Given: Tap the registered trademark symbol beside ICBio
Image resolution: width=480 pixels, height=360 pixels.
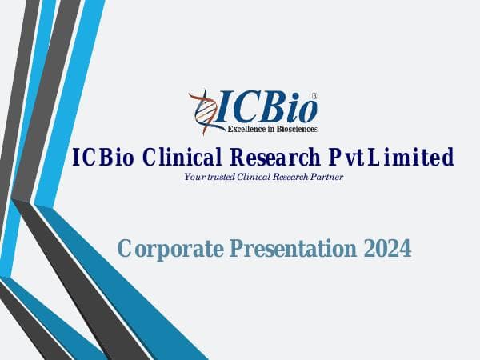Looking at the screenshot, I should (x=314, y=94).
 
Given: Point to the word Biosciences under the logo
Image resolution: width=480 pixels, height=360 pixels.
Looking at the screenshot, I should (x=296, y=128).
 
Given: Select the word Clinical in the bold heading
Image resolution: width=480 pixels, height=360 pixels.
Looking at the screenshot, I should (x=182, y=158).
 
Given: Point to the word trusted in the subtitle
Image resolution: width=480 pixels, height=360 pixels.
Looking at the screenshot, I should (x=219, y=177).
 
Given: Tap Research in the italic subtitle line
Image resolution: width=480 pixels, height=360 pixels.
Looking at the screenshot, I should (x=290, y=177).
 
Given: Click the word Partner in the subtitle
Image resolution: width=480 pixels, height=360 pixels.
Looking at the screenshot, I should (x=328, y=177).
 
